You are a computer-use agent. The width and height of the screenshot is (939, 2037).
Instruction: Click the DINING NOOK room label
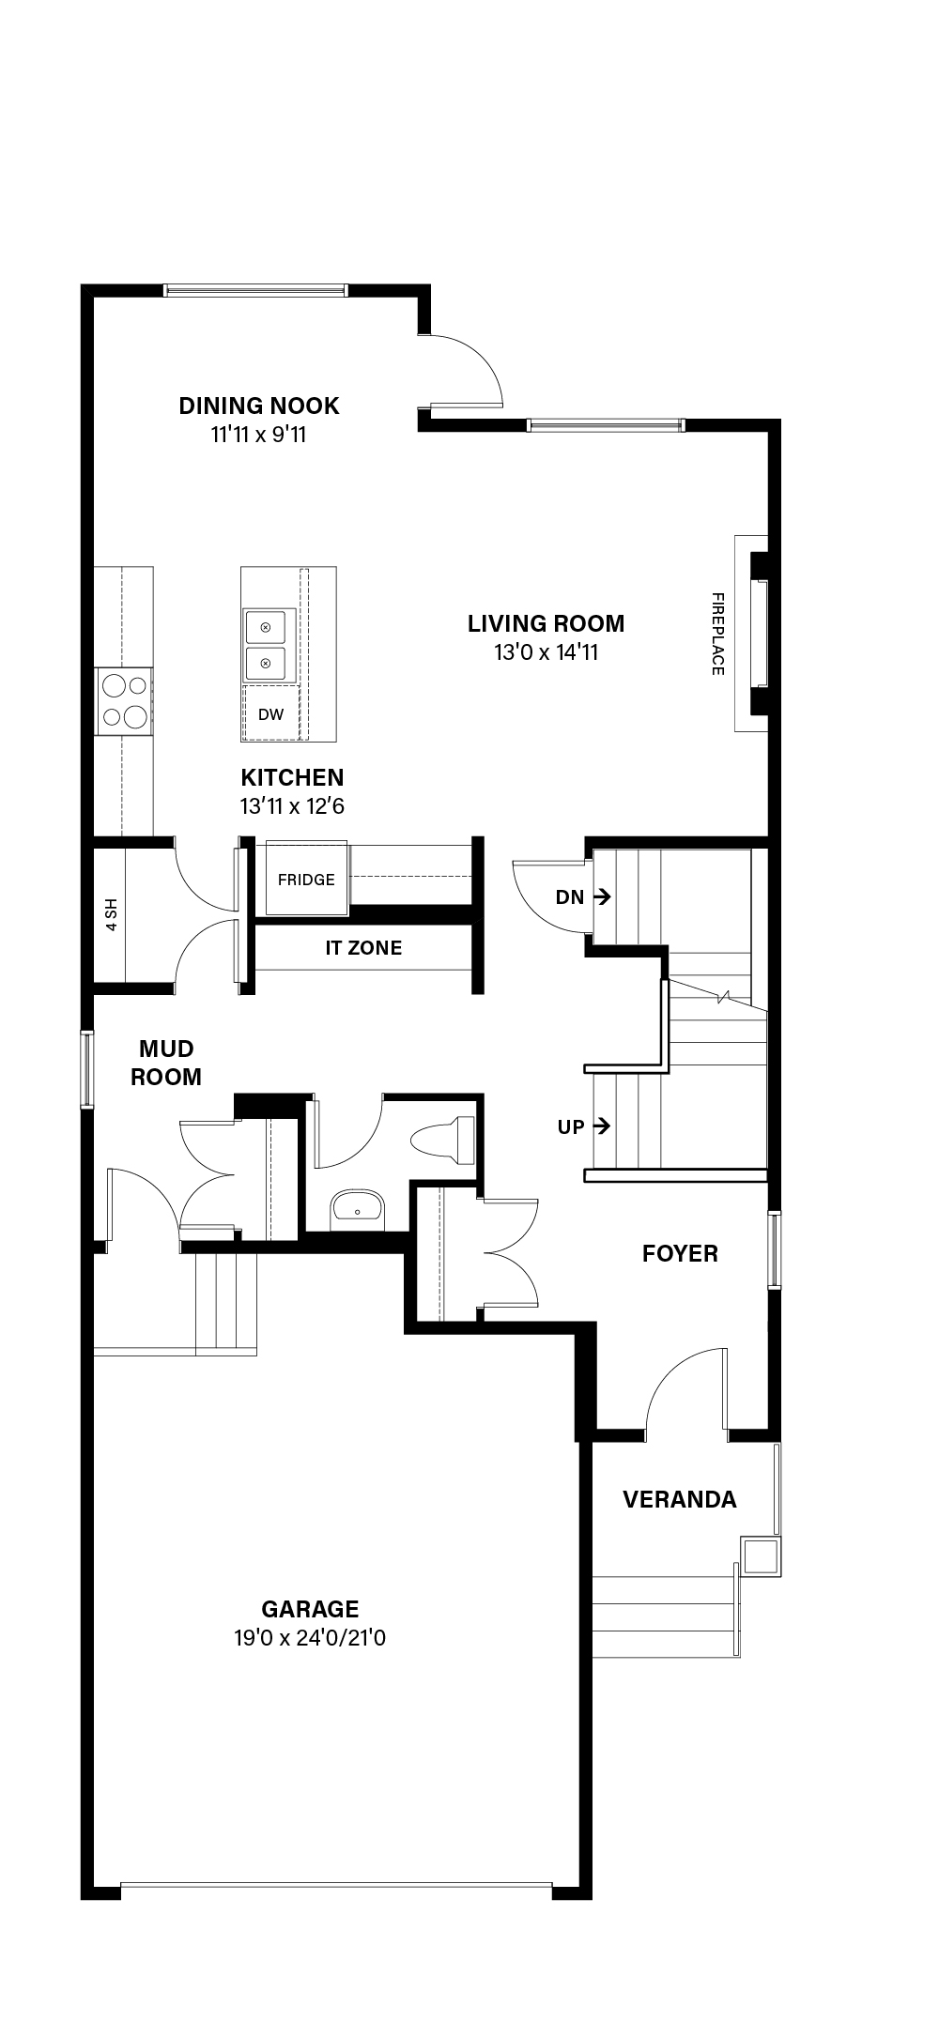[x=259, y=406]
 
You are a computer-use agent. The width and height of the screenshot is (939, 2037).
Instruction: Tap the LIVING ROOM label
[x=546, y=623]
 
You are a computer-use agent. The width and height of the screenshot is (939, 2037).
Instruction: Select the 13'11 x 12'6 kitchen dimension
[x=292, y=806]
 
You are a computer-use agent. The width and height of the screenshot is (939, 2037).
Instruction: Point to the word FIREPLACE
[x=717, y=634]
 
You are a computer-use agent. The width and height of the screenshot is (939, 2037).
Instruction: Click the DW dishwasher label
[x=270, y=714]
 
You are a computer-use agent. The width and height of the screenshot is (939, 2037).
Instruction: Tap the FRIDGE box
[x=306, y=879]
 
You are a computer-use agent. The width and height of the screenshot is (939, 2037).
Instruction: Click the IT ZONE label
[x=363, y=948]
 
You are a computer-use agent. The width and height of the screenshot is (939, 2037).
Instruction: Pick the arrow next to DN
[x=602, y=896]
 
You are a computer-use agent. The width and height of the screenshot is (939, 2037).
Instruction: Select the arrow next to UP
[x=602, y=1126]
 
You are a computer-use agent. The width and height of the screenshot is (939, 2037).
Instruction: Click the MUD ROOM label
[x=166, y=1063]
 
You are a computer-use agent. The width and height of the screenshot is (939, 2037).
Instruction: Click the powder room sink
[x=358, y=1209]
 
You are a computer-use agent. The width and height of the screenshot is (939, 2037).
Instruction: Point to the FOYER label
[x=680, y=1253]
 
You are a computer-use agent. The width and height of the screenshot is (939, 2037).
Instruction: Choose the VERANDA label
[x=680, y=1499]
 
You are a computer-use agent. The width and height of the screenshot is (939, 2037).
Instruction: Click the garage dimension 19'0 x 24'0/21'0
[x=310, y=1638]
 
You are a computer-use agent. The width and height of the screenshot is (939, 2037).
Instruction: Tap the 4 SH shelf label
[x=112, y=914]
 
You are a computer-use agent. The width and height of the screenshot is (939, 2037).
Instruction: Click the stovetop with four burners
[x=124, y=700]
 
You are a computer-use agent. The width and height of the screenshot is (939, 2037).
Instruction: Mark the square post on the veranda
[x=761, y=1556]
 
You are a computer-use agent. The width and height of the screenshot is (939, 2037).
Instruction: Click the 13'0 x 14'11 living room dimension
[x=546, y=651]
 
